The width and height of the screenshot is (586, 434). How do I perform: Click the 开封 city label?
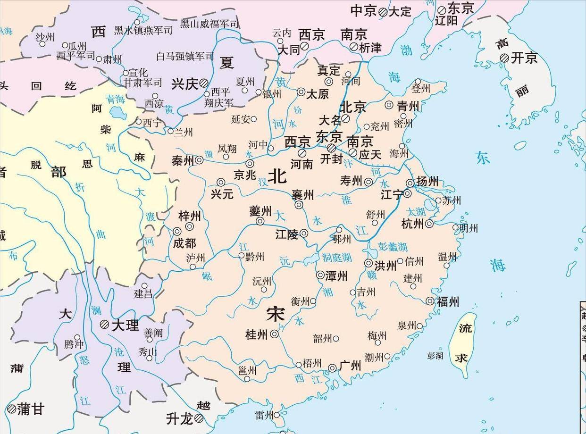click(332, 159)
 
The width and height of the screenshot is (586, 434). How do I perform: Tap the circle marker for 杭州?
click(429, 224)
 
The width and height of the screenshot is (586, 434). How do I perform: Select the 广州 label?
click(350, 366)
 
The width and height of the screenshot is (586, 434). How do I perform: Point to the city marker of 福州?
click(430, 301)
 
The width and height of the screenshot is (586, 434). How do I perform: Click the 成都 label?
click(184, 243)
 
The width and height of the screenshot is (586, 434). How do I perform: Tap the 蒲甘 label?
click(31, 409)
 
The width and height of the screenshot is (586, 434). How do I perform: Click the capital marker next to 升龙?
click(199, 417)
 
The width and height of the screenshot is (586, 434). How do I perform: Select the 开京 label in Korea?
click(525, 58)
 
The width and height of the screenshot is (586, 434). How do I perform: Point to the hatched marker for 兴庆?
click(204, 83)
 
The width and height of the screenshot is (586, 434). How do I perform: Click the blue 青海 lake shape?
click(116, 112)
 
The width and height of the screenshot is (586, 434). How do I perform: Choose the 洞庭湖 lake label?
click(337, 258)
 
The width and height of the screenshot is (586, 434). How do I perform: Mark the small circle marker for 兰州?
click(170, 131)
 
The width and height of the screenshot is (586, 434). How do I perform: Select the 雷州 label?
click(264, 415)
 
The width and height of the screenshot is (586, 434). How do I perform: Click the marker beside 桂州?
click(274, 334)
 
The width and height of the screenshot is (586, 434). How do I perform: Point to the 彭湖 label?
click(435, 356)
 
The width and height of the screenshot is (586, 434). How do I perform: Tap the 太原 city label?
click(318, 94)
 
